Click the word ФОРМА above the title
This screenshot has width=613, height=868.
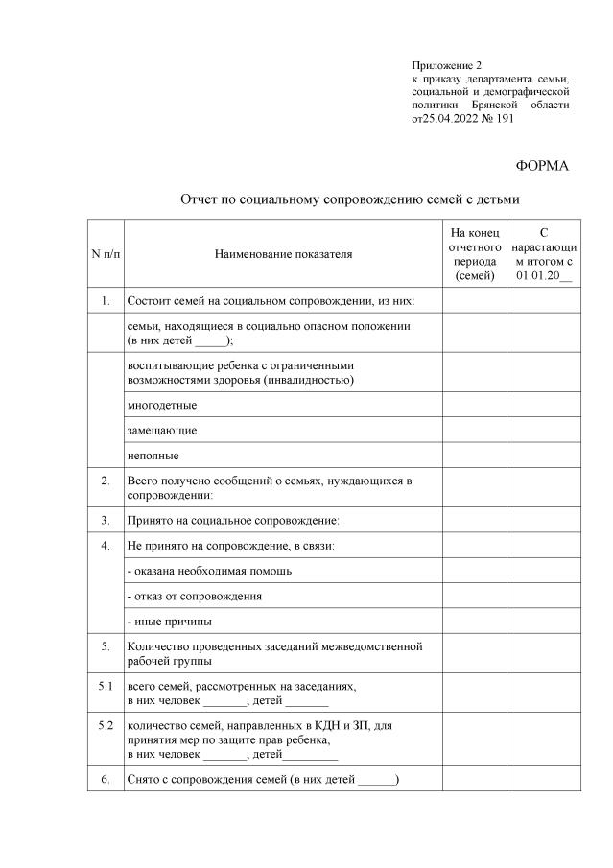coord(542,166)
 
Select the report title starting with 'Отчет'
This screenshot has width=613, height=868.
coord(350,200)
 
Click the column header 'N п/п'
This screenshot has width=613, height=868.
coord(106,254)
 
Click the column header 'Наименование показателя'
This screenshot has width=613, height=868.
coord(283,254)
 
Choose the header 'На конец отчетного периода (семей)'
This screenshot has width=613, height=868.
coord(474,254)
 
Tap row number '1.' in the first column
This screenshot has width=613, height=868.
coord(106,302)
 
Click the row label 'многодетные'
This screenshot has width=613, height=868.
coord(162,405)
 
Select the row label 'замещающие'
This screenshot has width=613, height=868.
coord(162,430)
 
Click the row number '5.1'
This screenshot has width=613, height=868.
coord(106,687)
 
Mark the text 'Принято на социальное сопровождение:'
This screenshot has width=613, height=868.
coord(234,521)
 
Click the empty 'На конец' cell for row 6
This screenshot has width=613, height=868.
coord(474,779)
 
